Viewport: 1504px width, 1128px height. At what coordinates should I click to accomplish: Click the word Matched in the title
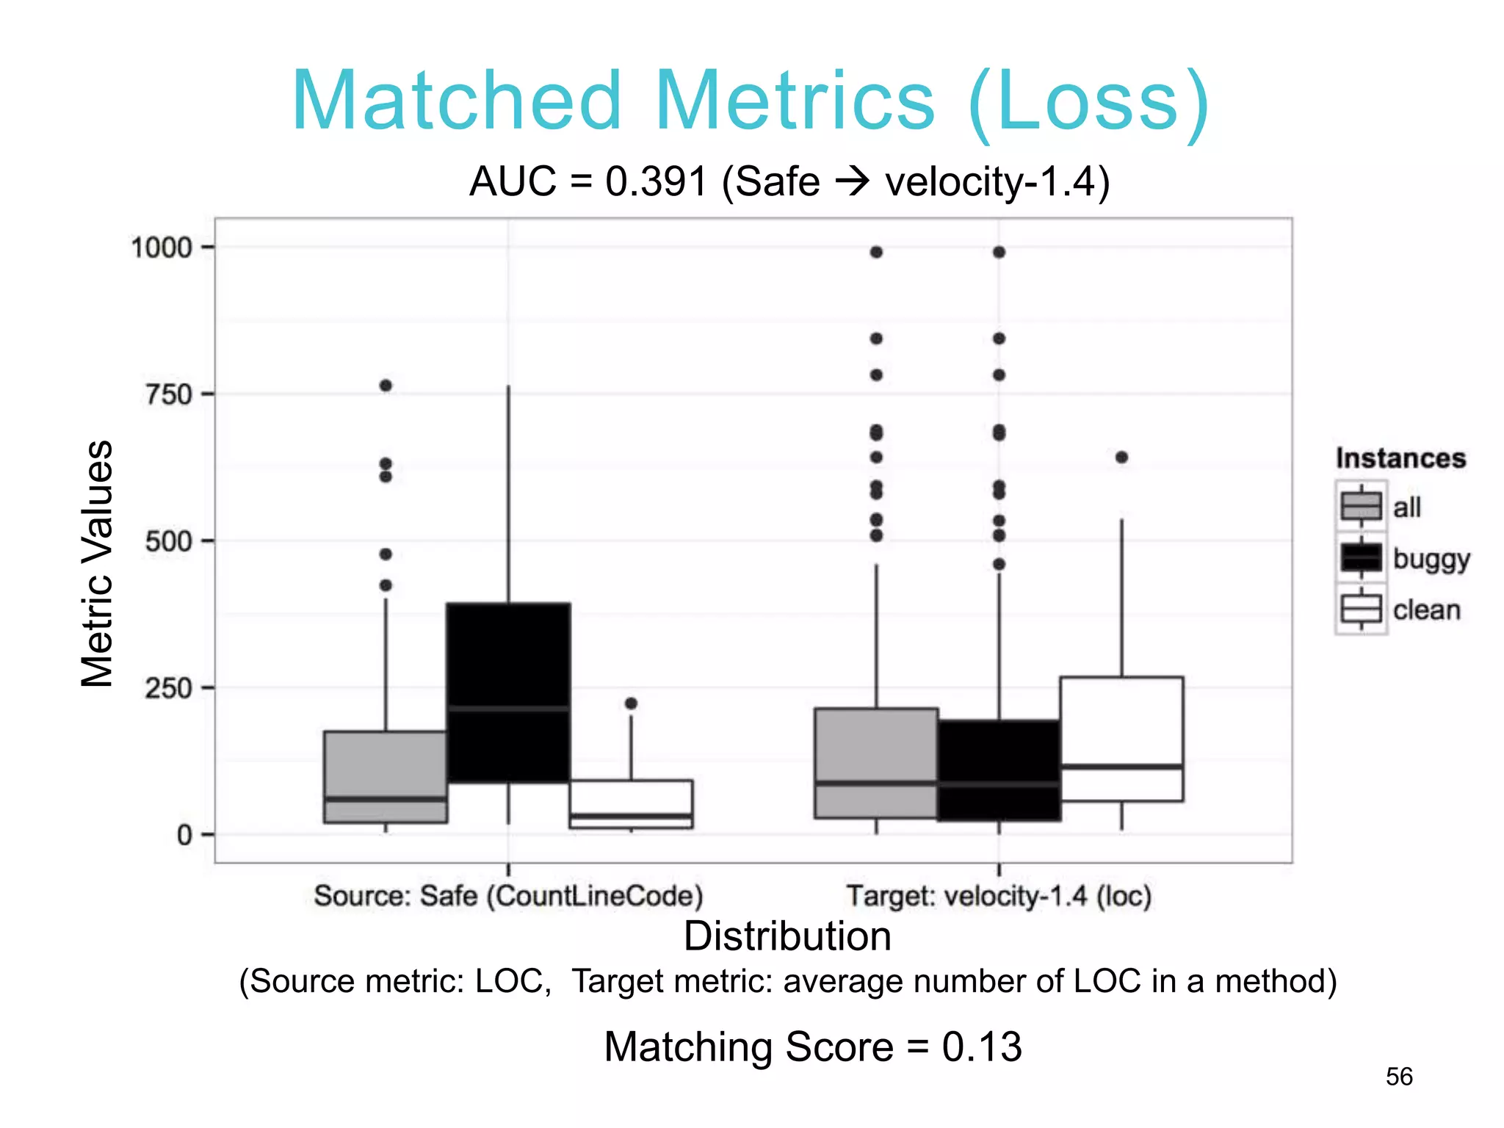(457, 101)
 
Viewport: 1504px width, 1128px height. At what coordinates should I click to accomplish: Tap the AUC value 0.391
(656, 181)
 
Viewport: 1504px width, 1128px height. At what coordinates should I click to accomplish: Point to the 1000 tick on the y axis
(161, 247)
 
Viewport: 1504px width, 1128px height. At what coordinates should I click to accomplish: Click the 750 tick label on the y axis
(168, 395)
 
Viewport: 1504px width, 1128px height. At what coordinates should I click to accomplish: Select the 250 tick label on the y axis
(168, 689)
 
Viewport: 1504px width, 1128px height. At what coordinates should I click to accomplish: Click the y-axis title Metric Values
(97, 564)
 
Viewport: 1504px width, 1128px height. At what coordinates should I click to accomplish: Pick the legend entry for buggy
(1431, 559)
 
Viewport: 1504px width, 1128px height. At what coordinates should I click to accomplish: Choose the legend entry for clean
(1426, 610)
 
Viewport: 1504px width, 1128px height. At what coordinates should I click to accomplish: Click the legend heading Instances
(1400, 458)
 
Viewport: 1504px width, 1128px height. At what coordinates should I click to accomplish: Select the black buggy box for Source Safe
(508, 693)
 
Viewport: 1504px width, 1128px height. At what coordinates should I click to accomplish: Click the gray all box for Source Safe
(386, 776)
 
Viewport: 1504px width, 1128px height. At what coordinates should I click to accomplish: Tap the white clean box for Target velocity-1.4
(1121, 738)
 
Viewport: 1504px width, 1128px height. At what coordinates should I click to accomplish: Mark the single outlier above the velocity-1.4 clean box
(1121, 458)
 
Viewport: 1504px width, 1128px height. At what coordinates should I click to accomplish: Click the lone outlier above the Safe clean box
(631, 704)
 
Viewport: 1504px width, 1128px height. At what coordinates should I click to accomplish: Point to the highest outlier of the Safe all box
(386, 386)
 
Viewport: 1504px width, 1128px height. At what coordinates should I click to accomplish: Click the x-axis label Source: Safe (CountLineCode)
(508, 896)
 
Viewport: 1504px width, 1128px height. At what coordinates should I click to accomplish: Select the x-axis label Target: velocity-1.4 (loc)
(999, 896)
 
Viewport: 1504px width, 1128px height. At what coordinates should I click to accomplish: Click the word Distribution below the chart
(787, 936)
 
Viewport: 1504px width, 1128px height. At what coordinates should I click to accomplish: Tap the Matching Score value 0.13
(982, 1046)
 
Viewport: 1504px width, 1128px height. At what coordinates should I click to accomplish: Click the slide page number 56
(1398, 1077)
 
